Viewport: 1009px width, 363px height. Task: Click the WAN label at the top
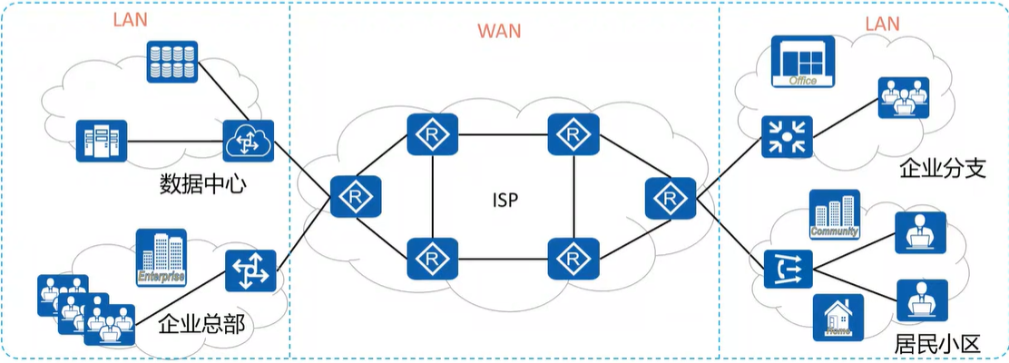(500, 31)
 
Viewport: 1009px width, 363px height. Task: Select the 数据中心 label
(203, 184)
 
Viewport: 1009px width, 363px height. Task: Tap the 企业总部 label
(201, 324)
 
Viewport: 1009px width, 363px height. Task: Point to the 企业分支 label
(942, 169)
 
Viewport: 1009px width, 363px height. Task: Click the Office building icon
(803, 63)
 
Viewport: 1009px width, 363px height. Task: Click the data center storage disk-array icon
(171, 60)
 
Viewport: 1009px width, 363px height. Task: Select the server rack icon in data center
(103, 141)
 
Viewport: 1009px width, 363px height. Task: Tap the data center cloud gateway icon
(248, 140)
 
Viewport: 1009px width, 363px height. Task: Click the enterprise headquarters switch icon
(250, 270)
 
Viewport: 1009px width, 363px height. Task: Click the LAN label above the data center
(131, 20)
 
